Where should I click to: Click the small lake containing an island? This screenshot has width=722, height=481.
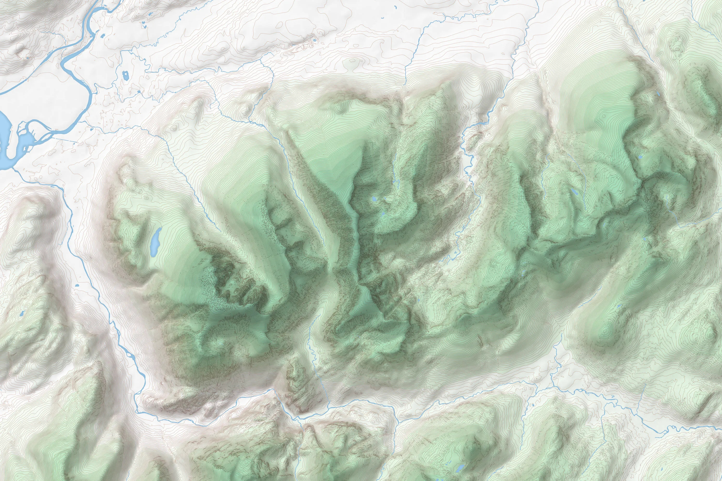pyautogui.click(x=125, y=75)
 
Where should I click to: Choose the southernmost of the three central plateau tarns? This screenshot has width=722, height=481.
pyautogui.click(x=383, y=214)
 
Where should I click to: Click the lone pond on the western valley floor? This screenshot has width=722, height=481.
pyautogui.click(x=77, y=286)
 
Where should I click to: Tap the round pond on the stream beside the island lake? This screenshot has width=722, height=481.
pyautogui.click(x=139, y=91)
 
